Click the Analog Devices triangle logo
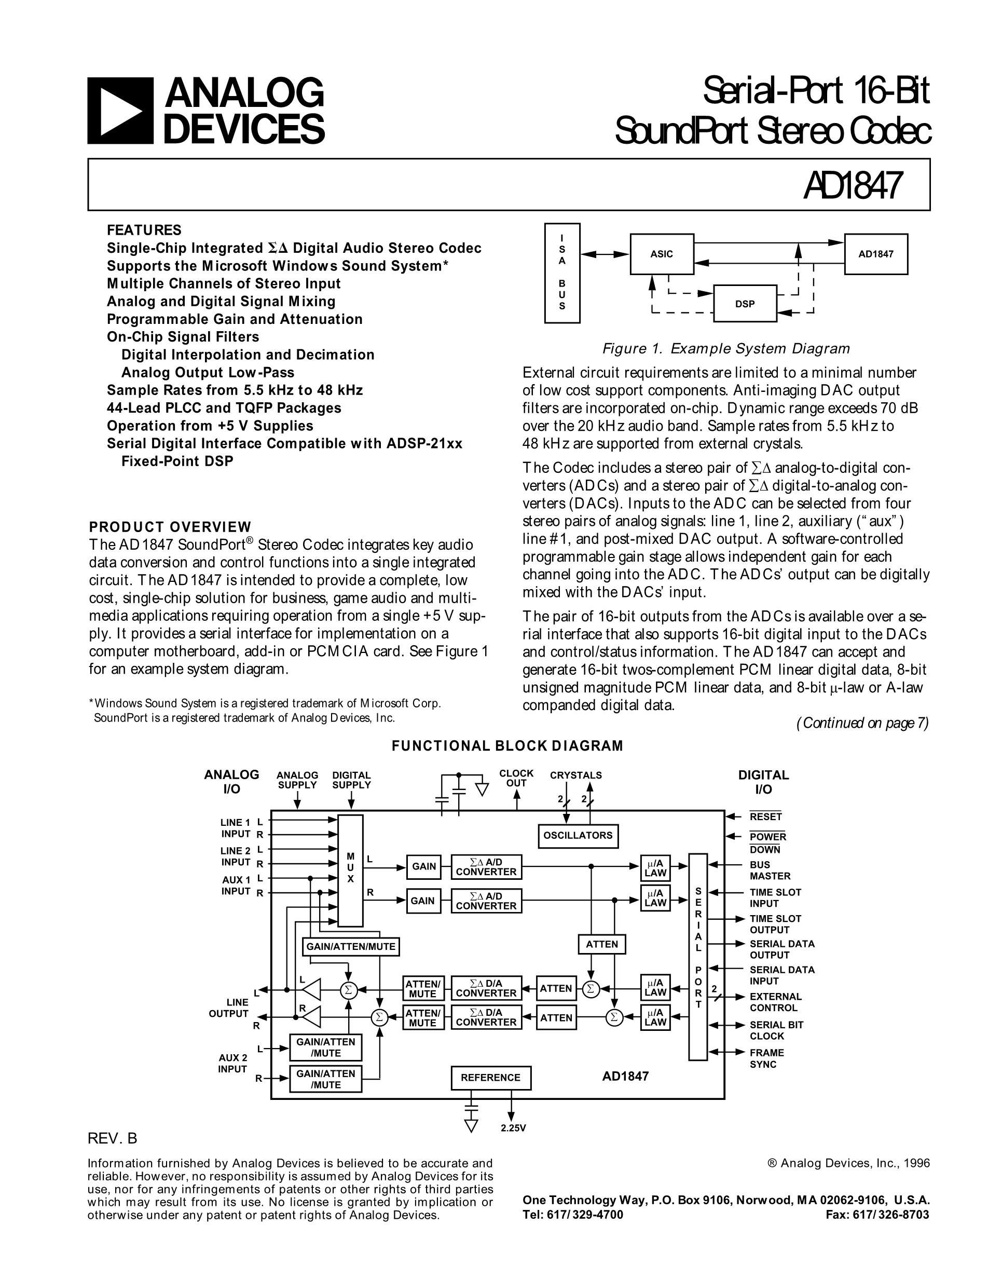(x=120, y=111)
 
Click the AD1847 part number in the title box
(x=853, y=185)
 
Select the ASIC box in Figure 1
(x=662, y=254)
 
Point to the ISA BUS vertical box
(x=562, y=273)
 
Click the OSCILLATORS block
(x=578, y=836)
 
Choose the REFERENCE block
(x=490, y=1078)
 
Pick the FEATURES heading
(x=144, y=230)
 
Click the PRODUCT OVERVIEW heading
(x=170, y=526)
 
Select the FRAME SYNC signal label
(x=766, y=1058)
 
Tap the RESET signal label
(x=765, y=817)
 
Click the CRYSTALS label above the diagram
(x=575, y=775)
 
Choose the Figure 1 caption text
(x=726, y=349)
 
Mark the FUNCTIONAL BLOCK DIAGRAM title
(x=507, y=745)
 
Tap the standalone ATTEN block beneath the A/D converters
(x=602, y=944)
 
